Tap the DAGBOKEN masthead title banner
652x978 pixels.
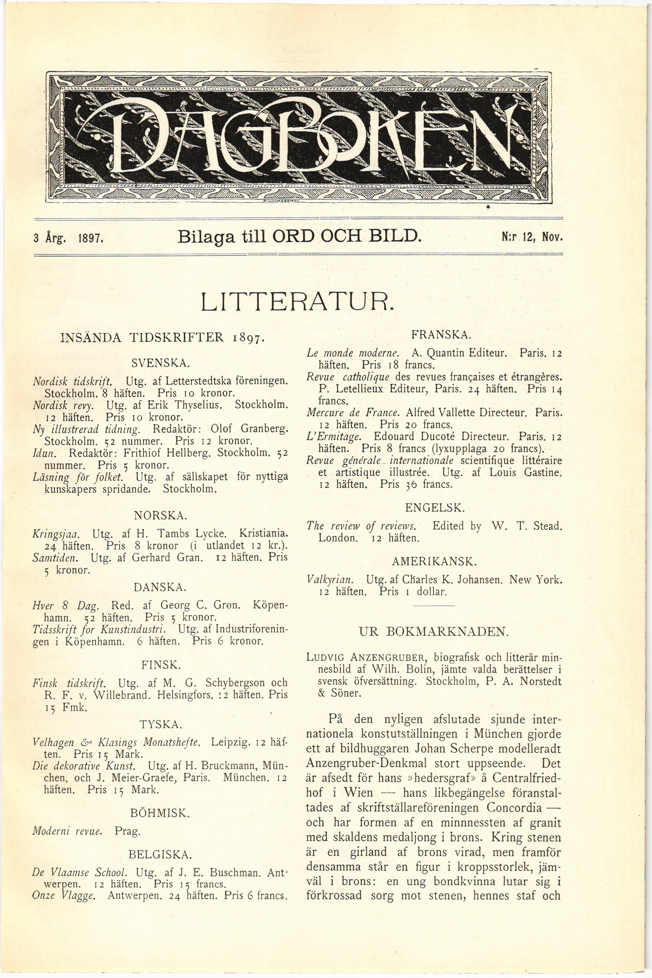coord(299,137)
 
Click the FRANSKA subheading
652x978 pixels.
coord(435,335)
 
